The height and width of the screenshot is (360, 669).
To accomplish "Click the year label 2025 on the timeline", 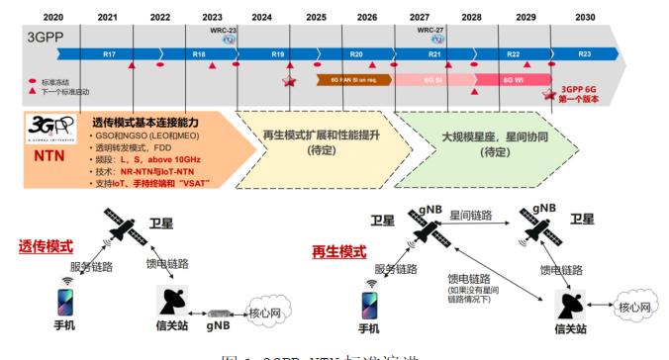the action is (316, 17).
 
